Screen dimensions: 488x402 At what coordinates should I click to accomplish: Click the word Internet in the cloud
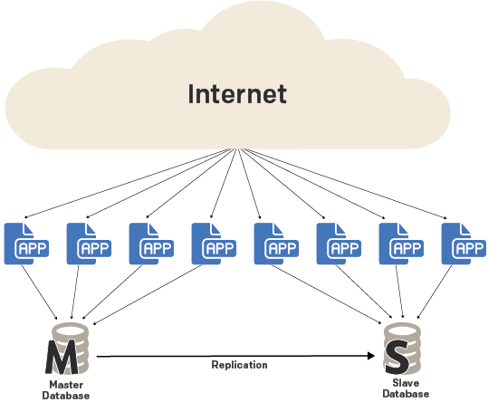point(237,93)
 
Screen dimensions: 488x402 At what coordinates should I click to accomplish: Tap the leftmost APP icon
point(26,244)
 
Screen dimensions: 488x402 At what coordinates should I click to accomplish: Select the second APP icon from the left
point(89,244)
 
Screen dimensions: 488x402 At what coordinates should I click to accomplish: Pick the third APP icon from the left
point(151,244)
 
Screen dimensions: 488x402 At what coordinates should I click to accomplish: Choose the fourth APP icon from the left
point(214,244)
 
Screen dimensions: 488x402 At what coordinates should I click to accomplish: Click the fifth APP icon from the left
point(276,244)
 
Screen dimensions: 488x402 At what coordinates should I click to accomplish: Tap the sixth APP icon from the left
point(339,244)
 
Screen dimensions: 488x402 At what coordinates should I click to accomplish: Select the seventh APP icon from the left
point(401,244)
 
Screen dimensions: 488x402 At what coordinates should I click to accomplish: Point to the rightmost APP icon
point(464,244)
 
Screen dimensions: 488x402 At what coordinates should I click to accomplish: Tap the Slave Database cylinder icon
point(402,349)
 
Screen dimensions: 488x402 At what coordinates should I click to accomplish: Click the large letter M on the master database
point(62,357)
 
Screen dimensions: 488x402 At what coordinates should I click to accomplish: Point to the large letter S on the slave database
point(397,357)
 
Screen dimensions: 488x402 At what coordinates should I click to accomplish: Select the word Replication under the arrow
point(239,365)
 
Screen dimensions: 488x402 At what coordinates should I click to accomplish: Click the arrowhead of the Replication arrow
point(371,356)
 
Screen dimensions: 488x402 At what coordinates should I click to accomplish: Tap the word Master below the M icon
point(66,385)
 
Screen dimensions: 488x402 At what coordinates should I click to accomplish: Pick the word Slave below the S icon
point(406,383)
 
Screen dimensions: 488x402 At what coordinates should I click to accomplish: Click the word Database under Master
point(66,396)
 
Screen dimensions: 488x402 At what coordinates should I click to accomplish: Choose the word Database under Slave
point(406,394)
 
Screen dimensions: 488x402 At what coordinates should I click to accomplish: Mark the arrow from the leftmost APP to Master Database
point(39,292)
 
